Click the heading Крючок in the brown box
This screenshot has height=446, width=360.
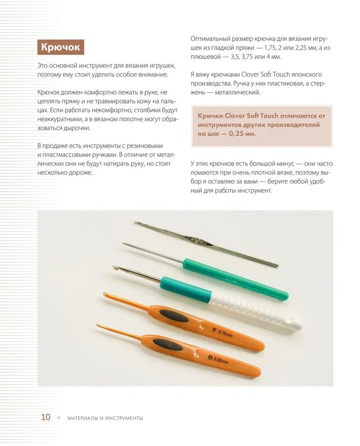60,47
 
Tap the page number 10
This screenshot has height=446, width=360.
46,417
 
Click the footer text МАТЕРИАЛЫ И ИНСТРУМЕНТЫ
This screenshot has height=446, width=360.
105,418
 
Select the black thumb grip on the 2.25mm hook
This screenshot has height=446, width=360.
168,344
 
